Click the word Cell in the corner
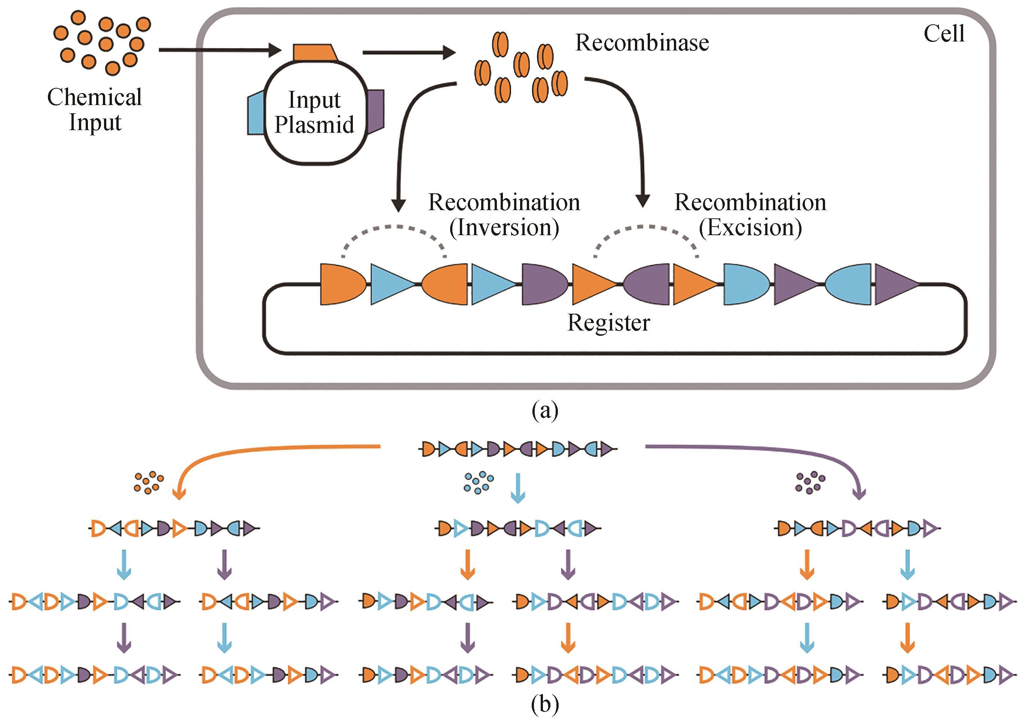[944, 34]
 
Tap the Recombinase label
[642, 43]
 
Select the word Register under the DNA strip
[608, 322]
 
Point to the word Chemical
[94, 97]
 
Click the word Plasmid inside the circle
[314, 125]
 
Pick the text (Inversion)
[504, 228]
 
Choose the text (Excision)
[750, 228]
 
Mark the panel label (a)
[545, 410]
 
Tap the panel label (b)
[545, 704]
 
